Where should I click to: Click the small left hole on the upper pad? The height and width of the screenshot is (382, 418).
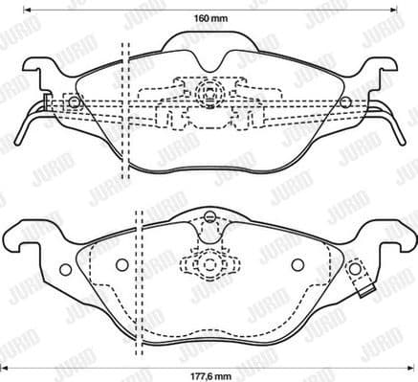75,101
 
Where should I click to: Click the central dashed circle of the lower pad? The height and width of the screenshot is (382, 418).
209,264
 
